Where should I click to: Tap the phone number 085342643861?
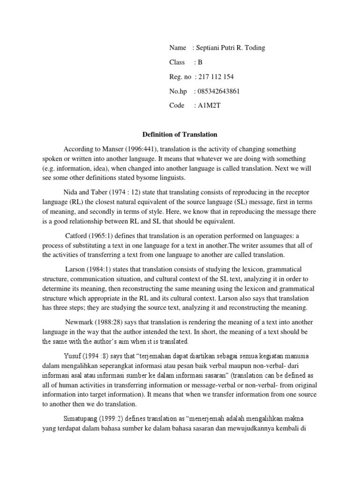click(x=219, y=91)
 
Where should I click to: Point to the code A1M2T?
click(x=209, y=105)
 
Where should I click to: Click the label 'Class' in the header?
click(x=178, y=62)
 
